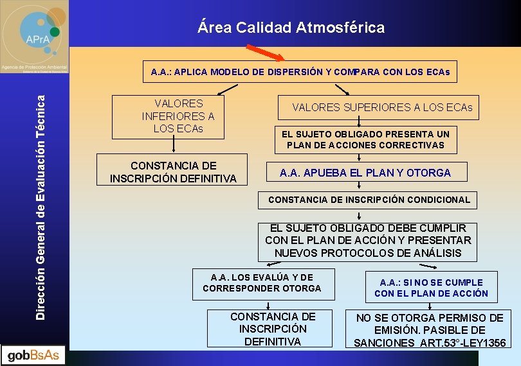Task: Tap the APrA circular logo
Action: [35, 32]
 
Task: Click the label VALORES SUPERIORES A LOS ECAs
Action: [382, 107]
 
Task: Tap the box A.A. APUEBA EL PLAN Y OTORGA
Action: [365, 172]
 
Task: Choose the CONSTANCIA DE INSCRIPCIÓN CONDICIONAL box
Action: [369, 200]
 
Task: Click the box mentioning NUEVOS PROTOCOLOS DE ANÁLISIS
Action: [368, 241]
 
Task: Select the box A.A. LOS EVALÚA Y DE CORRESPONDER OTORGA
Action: [262, 283]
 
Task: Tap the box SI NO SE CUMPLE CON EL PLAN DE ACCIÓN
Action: [431, 288]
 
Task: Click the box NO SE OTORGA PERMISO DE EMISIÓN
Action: [430, 330]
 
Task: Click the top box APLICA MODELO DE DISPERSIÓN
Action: [300, 72]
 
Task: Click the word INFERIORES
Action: [178, 116]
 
